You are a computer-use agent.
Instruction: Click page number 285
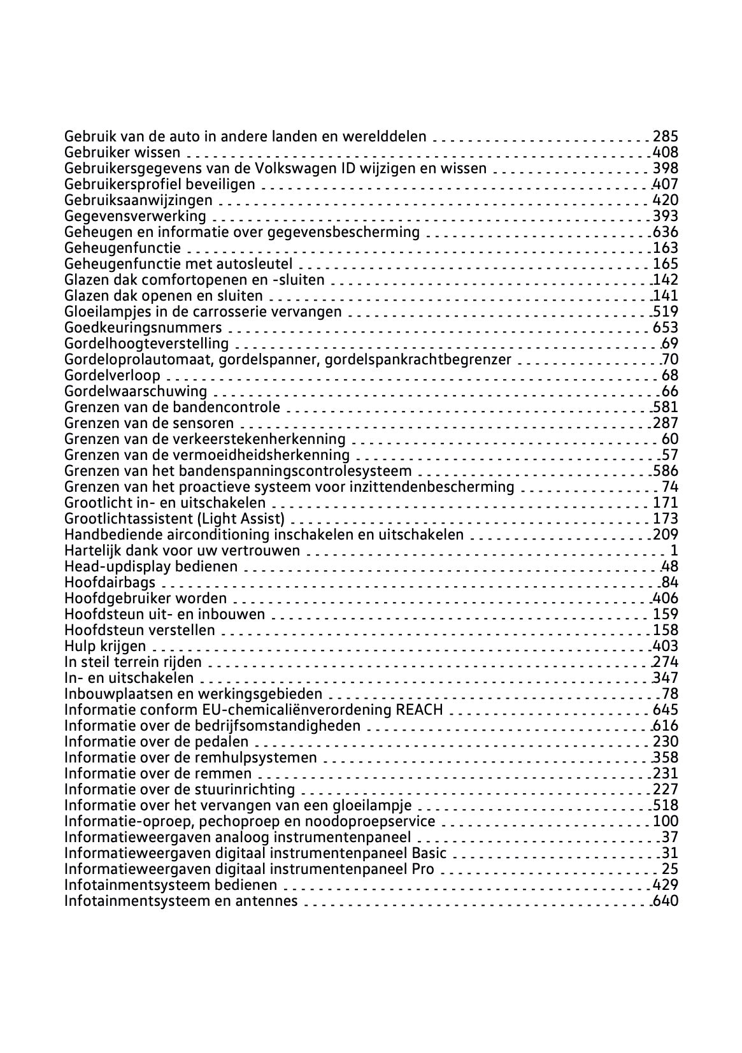[666, 136]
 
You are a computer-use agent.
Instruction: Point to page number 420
[666, 200]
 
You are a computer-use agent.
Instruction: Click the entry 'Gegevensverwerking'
[135, 216]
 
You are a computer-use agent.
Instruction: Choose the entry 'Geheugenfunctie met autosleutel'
[178, 264]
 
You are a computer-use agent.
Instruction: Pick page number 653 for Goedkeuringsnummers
[666, 327]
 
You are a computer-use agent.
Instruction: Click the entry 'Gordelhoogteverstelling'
[146, 343]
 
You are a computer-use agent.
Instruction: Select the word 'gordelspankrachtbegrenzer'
[418, 359]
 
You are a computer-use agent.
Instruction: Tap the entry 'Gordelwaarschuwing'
[136, 391]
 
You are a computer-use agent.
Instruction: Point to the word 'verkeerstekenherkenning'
[259, 439]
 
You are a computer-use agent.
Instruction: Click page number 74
[670, 487]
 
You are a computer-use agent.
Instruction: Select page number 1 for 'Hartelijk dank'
[674, 550]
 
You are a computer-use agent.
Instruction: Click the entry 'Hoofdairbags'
[110, 582]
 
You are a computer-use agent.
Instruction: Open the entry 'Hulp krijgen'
[105, 646]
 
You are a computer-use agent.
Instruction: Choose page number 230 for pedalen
[666, 741]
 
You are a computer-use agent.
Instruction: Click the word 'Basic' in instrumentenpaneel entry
[429, 853]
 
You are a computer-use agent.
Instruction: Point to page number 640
[666, 901]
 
